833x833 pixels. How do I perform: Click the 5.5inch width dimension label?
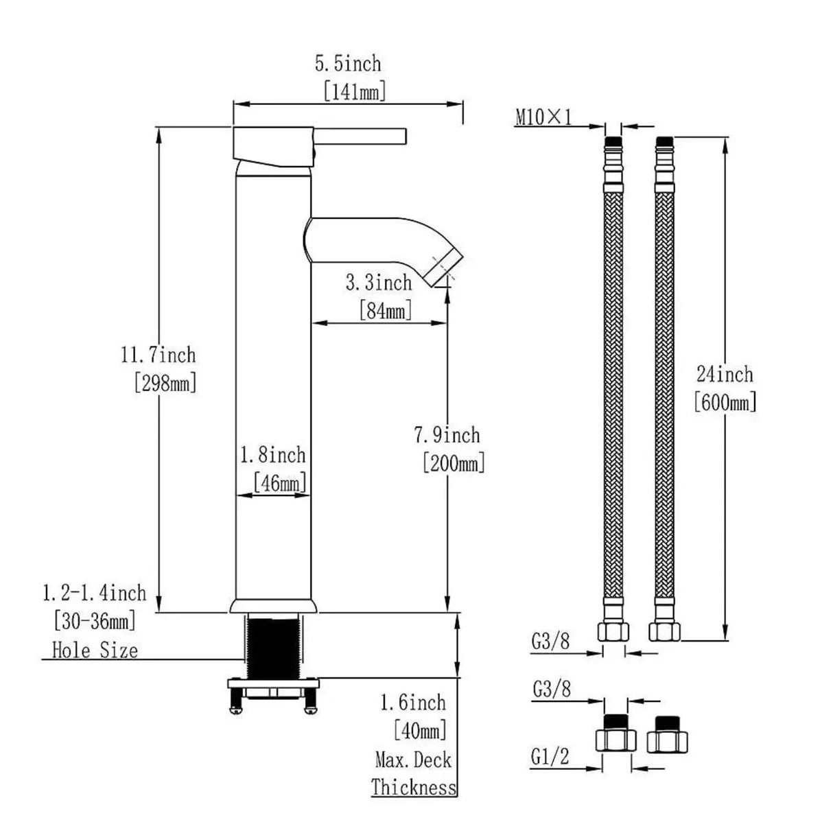pyautogui.click(x=347, y=64)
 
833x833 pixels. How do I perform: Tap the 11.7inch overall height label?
pyautogui.click(x=158, y=355)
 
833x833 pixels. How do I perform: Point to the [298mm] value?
pyautogui.click(x=165, y=382)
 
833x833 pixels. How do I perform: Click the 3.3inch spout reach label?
pyautogui.click(x=379, y=283)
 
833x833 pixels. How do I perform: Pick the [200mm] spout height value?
pyautogui.click(x=453, y=463)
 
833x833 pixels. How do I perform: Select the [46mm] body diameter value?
pyautogui.click(x=279, y=483)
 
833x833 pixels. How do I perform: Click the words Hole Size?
pyautogui.click(x=95, y=650)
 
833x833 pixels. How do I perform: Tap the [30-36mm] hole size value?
pyautogui.click(x=95, y=622)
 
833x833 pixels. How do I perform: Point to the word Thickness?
pyautogui.click(x=414, y=787)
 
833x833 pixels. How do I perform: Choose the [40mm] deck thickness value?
pyautogui.click(x=420, y=730)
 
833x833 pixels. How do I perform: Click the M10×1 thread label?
pyautogui.click(x=543, y=117)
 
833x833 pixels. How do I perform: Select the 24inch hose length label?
pyautogui.click(x=725, y=375)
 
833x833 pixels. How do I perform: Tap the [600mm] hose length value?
pyautogui.click(x=725, y=401)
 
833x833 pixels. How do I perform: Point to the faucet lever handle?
pyautogui.click(x=360, y=135)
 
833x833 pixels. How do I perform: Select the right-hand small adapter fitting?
pyautogui.click(x=667, y=736)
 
